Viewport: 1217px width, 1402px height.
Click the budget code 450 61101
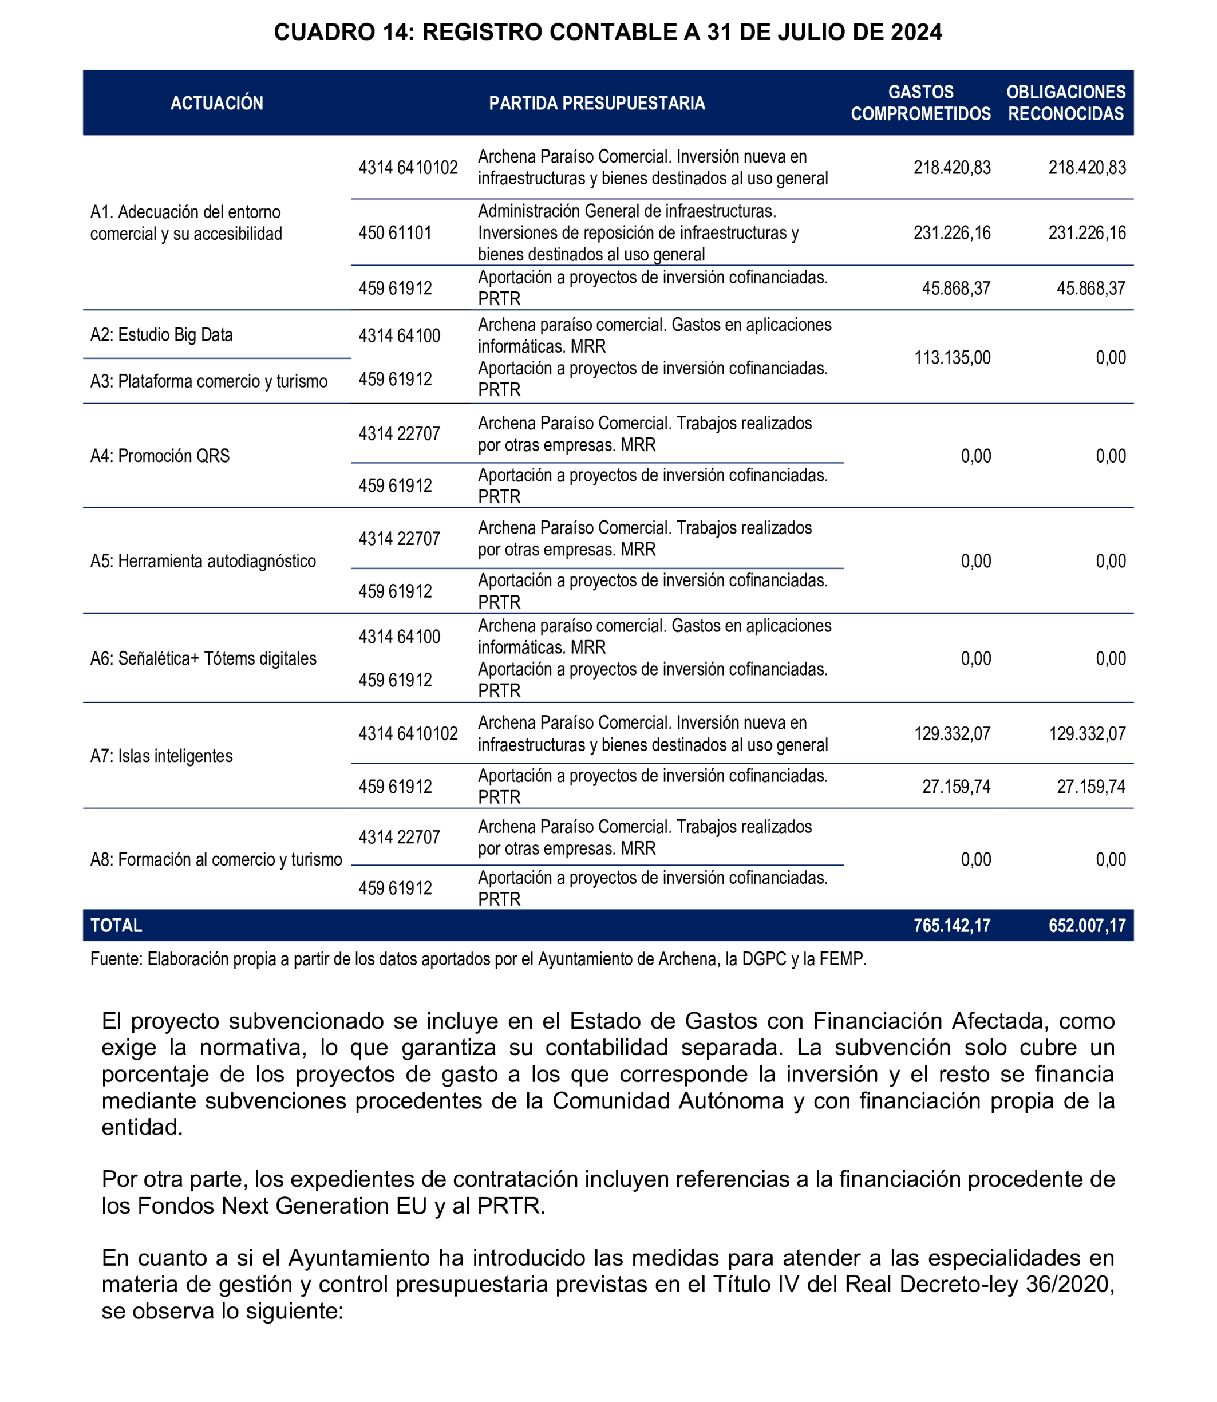[x=394, y=233]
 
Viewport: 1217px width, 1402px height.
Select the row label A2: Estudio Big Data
[x=161, y=335]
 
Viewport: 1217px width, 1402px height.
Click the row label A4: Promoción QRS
[x=160, y=456]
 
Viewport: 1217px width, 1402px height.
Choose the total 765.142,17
[x=951, y=925]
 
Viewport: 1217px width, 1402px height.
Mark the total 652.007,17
[x=1086, y=925]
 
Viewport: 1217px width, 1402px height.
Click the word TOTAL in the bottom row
[x=116, y=925]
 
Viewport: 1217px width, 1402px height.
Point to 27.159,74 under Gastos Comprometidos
[x=955, y=787]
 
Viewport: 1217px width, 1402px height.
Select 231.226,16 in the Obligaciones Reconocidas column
[x=1086, y=233]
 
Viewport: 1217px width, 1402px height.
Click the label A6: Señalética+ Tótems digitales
[x=203, y=658]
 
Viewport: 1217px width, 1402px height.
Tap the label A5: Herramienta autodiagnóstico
[x=203, y=561]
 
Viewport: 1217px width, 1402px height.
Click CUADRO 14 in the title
[x=343, y=32]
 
